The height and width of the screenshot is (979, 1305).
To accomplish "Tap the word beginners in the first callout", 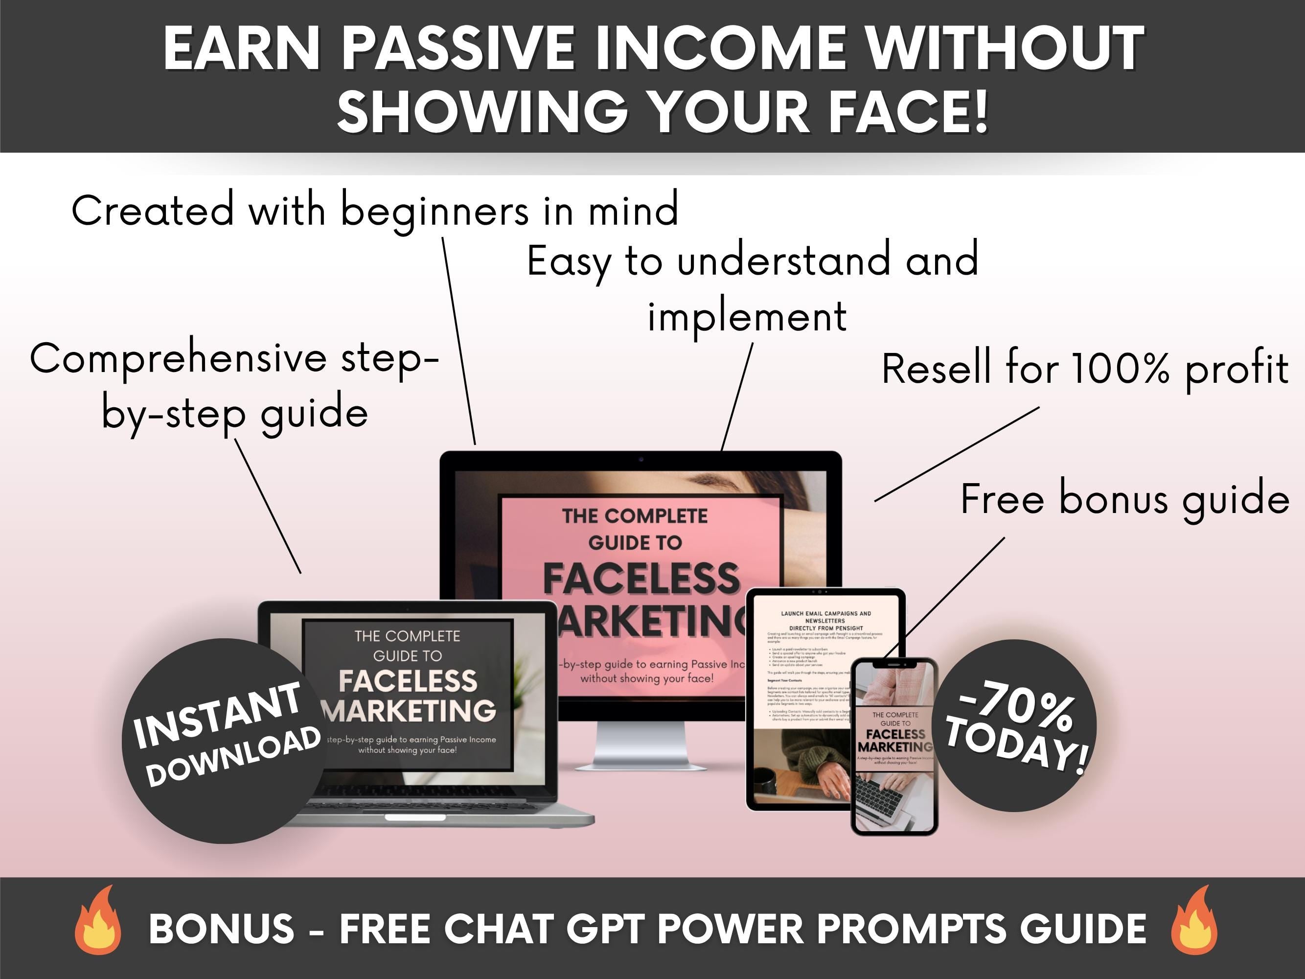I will (435, 210).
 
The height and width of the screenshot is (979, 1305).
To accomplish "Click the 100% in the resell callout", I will (1120, 368).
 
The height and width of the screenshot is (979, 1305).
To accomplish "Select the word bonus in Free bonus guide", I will (1113, 499).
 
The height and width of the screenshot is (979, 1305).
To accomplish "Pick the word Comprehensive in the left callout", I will (178, 359).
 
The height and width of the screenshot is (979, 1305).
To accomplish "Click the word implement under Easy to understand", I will (747, 316).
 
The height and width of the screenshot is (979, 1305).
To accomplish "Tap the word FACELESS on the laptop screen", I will (408, 681).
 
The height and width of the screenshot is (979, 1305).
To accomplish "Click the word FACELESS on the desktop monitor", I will (641, 578).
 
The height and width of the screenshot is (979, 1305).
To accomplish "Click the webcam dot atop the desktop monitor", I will (641, 459).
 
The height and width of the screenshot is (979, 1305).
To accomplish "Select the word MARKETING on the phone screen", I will (894, 747).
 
